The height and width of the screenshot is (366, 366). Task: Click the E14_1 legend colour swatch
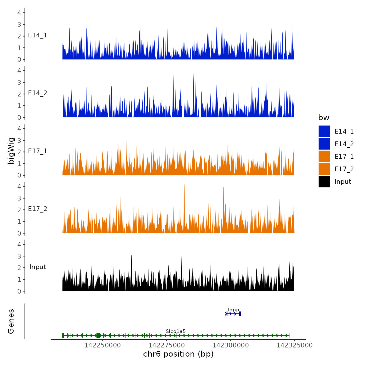coord(324,131)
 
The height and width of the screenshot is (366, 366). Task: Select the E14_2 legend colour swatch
coord(324,144)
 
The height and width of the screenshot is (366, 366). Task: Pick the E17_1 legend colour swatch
coord(324,156)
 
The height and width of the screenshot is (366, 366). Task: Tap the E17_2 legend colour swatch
coord(324,169)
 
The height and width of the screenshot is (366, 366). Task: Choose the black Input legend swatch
coord(324,181)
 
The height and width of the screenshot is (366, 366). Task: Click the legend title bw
coord(324,118)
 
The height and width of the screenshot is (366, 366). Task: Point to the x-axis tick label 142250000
coord(103,345)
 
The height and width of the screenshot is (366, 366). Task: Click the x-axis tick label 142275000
coord(167,345)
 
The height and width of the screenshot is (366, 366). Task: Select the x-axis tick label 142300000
coord(231,345)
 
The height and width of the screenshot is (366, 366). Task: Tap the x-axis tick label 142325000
coord(295,345)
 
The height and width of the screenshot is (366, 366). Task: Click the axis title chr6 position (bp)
coord(178,354)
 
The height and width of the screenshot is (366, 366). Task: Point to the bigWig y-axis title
coord(11,151)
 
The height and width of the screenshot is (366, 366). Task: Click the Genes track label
coord(11,321)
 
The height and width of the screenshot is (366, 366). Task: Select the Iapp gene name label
coord(233,310)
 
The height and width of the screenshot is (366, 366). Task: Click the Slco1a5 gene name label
coord(176,331)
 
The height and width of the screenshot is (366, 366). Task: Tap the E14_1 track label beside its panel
coord(38,35)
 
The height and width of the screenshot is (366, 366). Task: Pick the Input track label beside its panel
coord(38,267)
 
